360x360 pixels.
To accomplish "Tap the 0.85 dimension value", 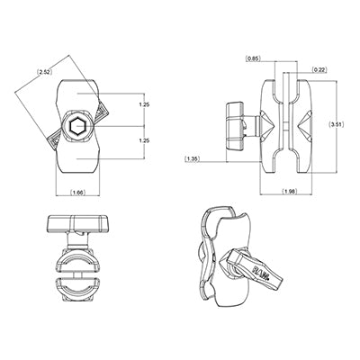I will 255,59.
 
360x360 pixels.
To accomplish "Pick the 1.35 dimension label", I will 192,160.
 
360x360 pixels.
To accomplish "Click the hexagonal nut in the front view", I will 76,130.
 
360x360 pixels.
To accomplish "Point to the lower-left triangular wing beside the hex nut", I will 52,144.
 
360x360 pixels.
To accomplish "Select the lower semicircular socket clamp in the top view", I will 76,292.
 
